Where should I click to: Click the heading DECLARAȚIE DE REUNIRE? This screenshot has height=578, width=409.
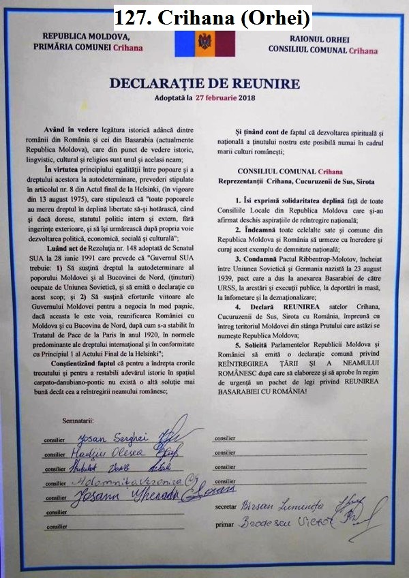204,84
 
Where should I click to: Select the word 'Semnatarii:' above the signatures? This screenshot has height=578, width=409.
78,423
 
